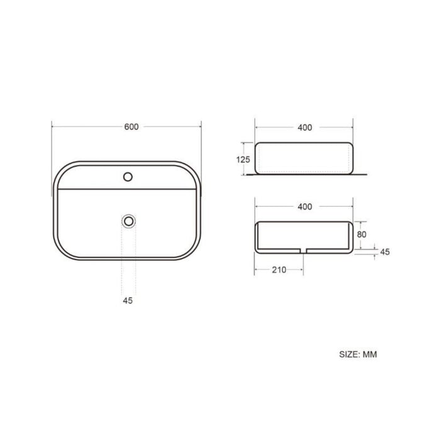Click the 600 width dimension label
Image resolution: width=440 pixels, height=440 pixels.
[x=131, y=127]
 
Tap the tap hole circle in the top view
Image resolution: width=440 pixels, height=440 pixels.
[x=128, y=177]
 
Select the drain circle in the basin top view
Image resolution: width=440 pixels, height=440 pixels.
[x=129, y=221]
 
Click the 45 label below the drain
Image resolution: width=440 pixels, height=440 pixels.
[x=128, y=300]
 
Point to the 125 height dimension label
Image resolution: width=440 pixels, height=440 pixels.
[x=243, y=160]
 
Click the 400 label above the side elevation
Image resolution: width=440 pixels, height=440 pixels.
[x=305, y=128]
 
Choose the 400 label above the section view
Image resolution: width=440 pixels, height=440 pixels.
[x=305, y=207]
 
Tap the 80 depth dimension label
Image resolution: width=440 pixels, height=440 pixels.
[x=361, y=234]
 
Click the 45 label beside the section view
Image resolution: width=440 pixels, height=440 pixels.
[x=385, y=251]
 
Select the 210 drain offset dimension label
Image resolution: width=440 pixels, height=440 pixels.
[x=279, y=270]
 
